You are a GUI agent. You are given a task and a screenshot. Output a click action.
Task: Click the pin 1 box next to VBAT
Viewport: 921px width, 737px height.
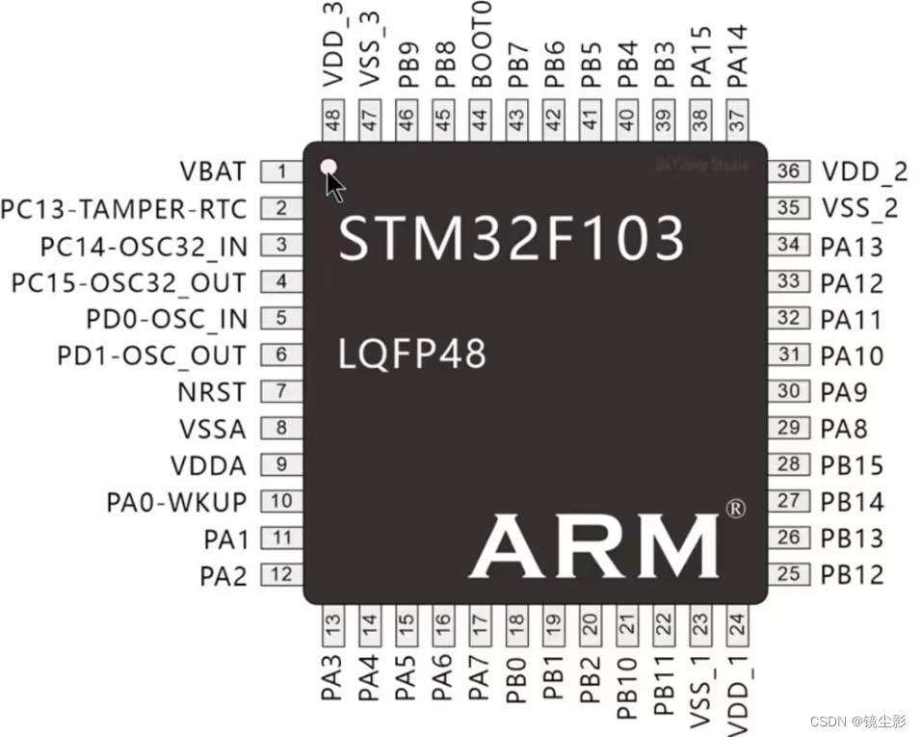pyautogui.click(x=281, y=172)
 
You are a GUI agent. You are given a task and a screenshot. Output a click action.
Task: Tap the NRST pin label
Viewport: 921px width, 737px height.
pyautogui.click(x=212, y=393)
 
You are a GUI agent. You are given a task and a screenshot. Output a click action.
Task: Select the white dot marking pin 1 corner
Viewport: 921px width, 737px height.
pyautogui.click(x=329, y=167)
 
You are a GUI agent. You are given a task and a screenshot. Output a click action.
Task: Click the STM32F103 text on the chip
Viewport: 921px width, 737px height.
pyautogui.click(x=512, y=237)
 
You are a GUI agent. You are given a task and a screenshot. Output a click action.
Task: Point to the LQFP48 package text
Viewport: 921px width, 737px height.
pyautogui.click(x=412, y=355)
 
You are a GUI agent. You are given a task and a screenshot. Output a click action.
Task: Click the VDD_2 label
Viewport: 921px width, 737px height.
pyautogui.click(x=864, y=172)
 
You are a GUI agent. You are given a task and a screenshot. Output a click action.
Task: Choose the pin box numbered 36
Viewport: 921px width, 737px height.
pyautogui.click(x=789, y=171)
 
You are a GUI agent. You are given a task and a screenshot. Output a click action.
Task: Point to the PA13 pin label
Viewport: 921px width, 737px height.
pyautogui.click(x=852, y=247)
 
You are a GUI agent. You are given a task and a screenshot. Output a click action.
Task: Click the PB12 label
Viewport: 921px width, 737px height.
pyautogui.click(x=852, y=575)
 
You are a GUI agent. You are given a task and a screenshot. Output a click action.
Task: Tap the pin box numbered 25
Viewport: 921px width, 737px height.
pyautogui.click(x=789, y=575)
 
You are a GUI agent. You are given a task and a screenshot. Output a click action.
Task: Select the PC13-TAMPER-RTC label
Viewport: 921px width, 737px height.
pyautogui.click(x=124, y=209)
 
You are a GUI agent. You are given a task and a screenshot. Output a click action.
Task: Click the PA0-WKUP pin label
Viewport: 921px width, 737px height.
pyautogui.click(x=176, y=502)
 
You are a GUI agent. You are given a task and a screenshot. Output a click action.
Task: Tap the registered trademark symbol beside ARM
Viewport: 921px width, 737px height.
pyautogui.click(x=734, y=508)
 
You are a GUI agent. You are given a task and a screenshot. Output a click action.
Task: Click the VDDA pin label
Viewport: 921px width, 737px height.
pyautogui.click(x=208, y=466)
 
